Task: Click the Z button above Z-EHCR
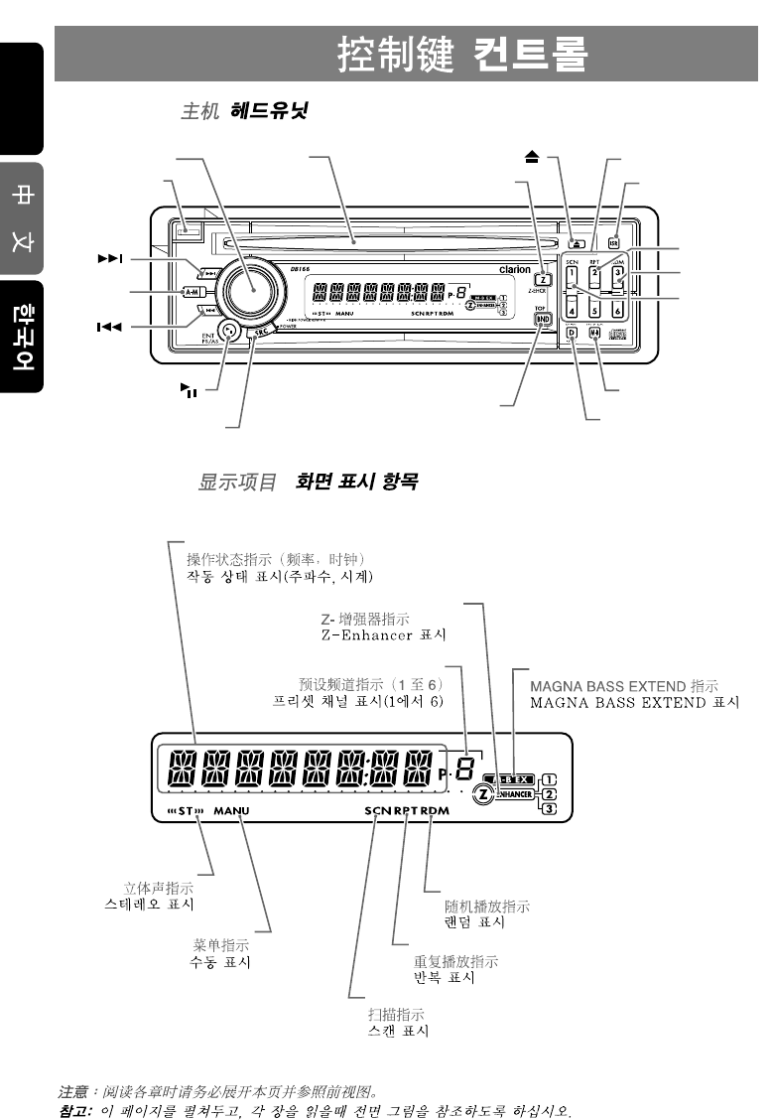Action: pyautogui.click(x=543, y=279)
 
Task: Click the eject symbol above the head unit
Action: pyautogui.click(x=532, y=157)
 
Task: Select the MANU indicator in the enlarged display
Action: pyautogui.click(x=231, y=811)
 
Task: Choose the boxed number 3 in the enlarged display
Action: pyautogui.click(x=550, y=809)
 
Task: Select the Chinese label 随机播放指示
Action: pyautogui.click(x=487, y=907)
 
